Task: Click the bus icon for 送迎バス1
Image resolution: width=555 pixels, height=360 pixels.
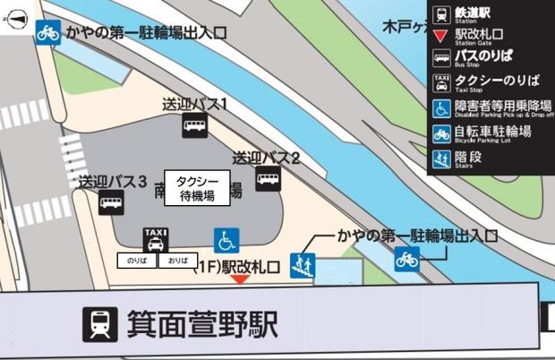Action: tap(195, 126)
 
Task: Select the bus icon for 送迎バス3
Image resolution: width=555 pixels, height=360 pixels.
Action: tap(111, 203)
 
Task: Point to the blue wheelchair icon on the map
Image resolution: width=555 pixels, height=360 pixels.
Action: tap(226, 239)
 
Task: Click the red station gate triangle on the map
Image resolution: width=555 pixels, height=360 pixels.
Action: tap(240, 279)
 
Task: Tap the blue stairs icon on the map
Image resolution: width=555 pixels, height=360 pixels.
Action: tap(303, 266)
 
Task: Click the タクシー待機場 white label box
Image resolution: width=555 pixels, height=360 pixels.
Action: tap(194, 187)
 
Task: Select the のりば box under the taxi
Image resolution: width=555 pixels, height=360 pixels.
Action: tap(137, 261)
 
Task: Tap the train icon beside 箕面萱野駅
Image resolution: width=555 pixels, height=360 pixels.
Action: tap(100, 323)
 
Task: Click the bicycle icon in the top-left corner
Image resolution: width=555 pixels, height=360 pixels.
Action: tap(48, 32)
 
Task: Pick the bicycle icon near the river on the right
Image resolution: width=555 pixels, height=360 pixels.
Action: tap(407, 259)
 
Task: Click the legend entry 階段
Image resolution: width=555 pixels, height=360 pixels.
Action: tap(474, 158)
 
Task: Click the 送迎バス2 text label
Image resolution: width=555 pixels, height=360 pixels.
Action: tap(266, 158)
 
